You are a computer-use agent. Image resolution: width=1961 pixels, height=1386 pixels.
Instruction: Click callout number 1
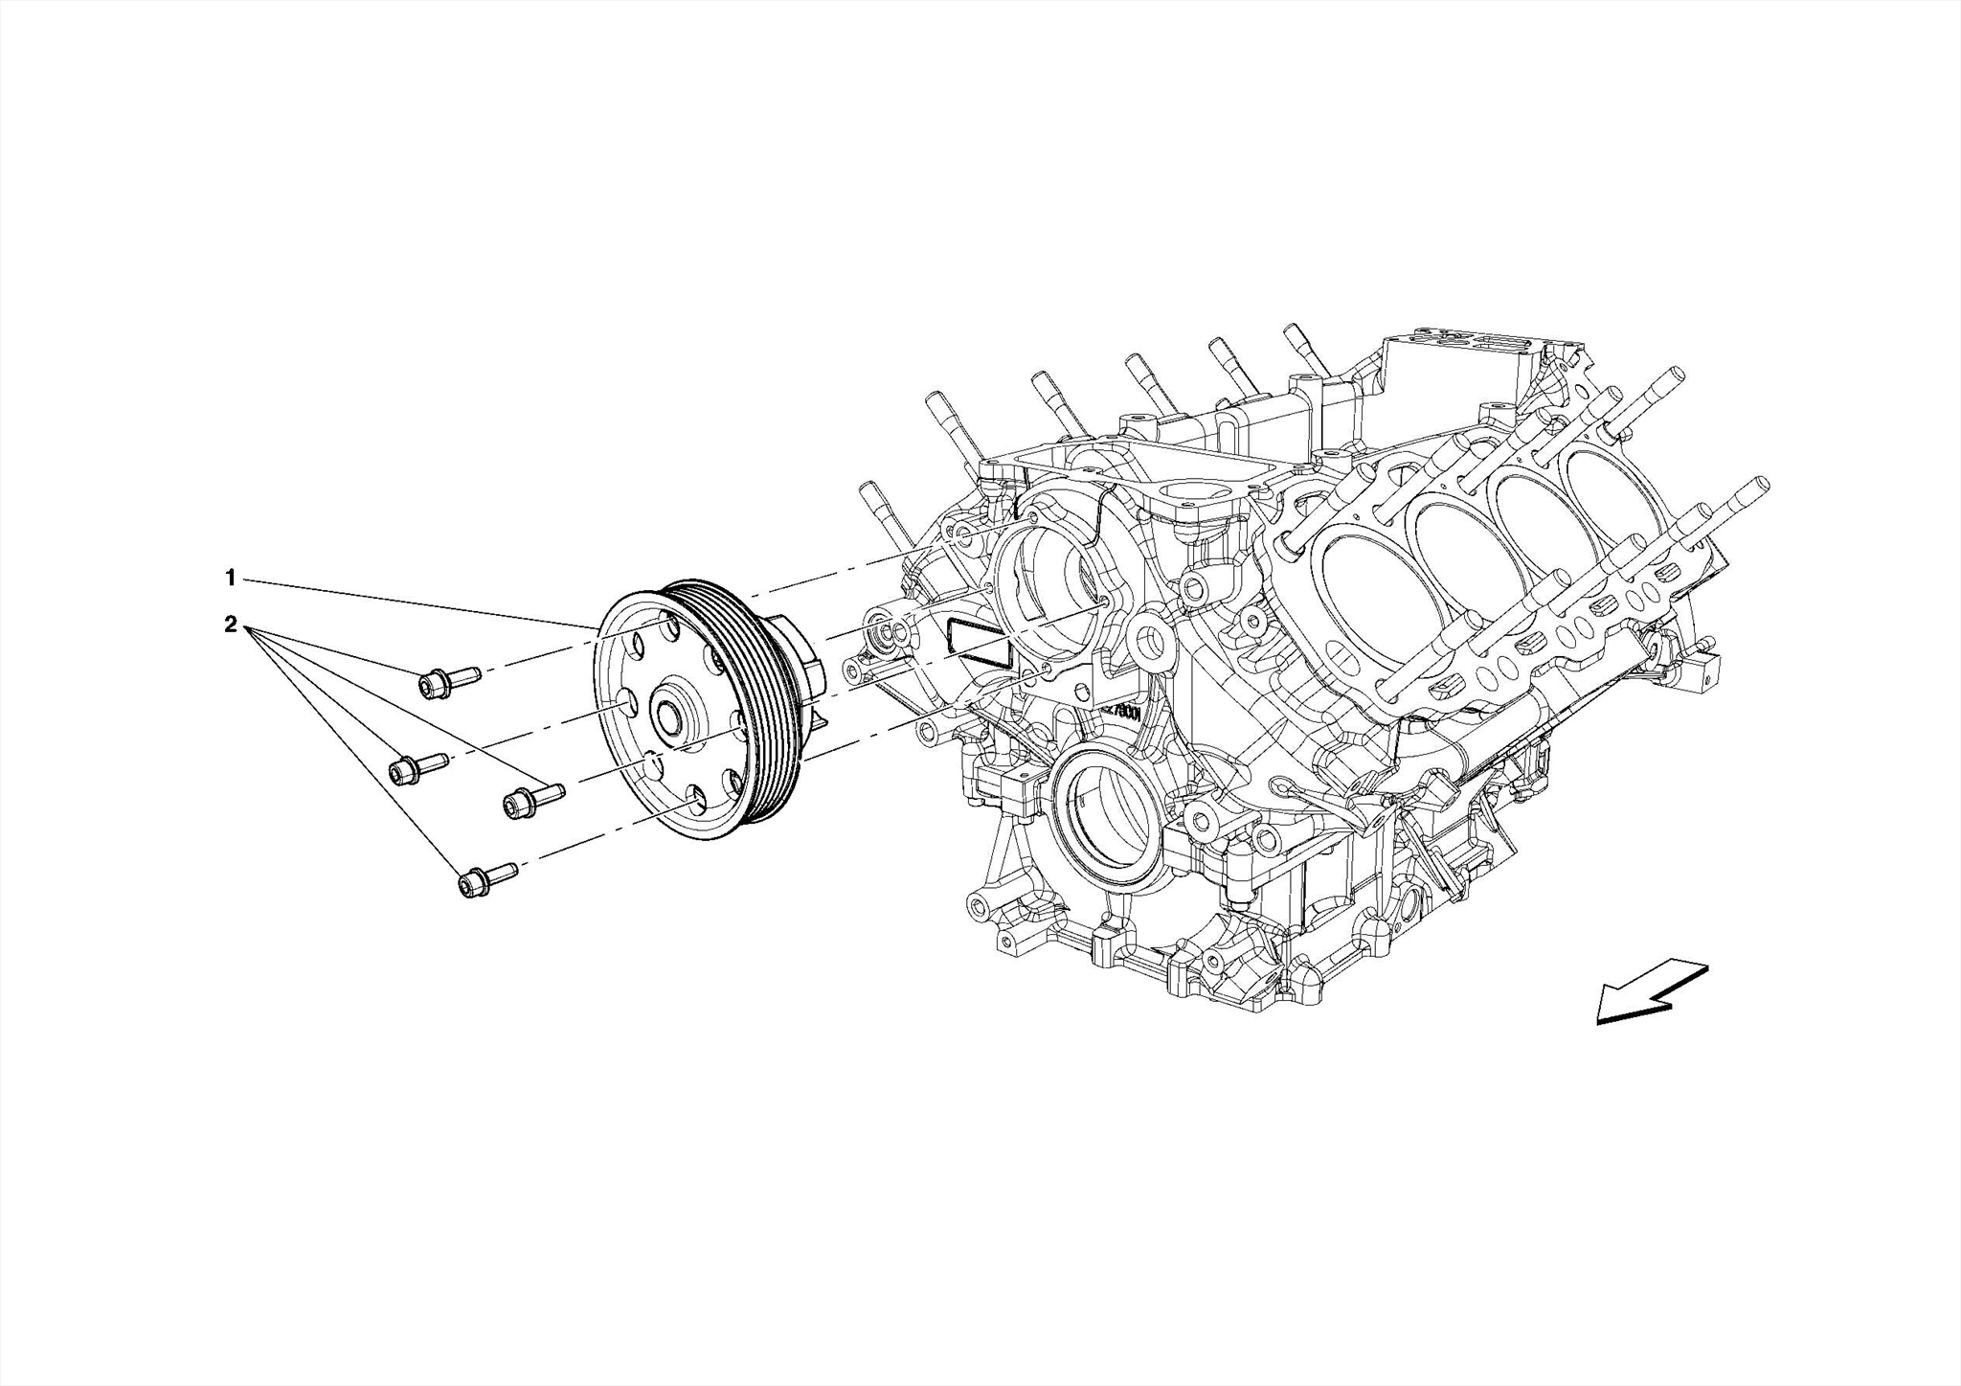[x=230, y=578]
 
